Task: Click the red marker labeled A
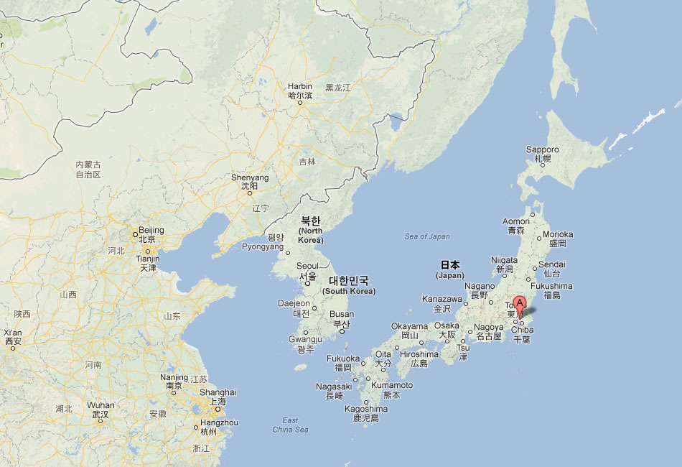tap(520, 305)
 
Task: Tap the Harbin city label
tap(300, 86)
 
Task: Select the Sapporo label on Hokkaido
tap(542, 149)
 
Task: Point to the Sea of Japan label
tap(427, 236)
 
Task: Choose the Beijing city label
tap(151, 230)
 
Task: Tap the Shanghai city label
tap(218, 392)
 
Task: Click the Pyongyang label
tap(263, 246)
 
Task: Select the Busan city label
tap(342, 314)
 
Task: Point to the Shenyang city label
tap(250, 177)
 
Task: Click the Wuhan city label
tap(101, 405)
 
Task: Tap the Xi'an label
tap(14, 333)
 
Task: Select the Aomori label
tap(516, 221)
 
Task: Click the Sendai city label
tap(552, 264)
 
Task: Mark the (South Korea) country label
tap(349, 291)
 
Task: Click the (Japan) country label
tap(450, 275)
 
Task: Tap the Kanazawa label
tap(442, 299)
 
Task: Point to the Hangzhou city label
tap(219, 422)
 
